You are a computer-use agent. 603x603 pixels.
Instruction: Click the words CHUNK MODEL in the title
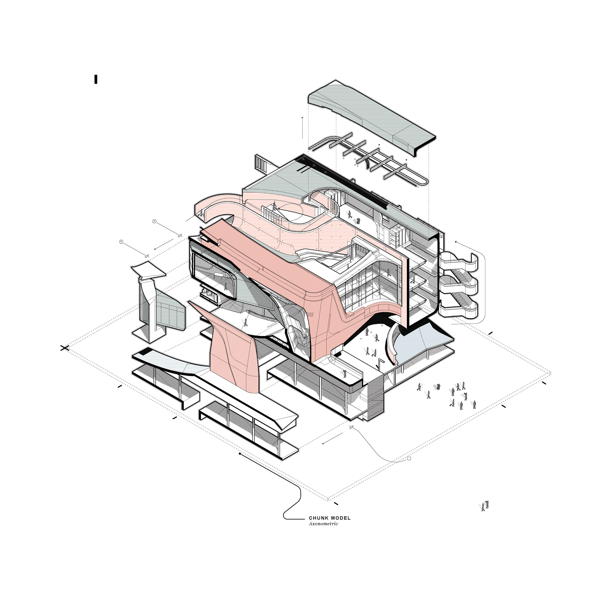[329, 518]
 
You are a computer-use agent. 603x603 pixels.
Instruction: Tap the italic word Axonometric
[323, 524]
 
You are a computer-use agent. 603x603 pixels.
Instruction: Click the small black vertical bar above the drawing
[96, 79]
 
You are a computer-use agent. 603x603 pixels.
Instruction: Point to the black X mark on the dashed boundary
[65, 348]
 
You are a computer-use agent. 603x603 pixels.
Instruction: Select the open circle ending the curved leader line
[409, 459]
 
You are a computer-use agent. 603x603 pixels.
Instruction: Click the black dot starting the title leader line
[240, 453]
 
